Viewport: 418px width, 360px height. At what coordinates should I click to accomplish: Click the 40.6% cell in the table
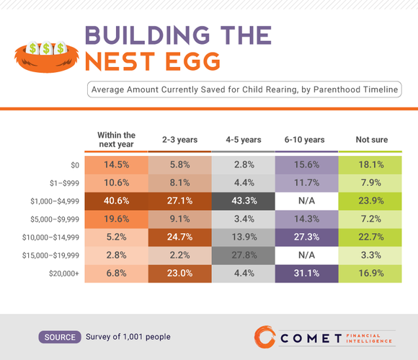(116, 201)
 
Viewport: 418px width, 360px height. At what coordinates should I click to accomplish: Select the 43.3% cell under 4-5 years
(243, 201)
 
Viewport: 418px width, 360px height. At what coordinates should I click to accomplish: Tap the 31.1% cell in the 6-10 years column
(306, 273)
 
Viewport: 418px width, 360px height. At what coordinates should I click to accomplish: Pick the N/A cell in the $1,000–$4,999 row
(306, 201)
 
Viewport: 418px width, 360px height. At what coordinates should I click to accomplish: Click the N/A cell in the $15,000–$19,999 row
(306, 255)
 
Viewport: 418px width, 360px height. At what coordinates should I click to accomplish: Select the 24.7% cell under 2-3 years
(179, 237)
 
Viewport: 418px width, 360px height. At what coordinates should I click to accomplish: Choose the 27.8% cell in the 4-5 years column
(243, 255)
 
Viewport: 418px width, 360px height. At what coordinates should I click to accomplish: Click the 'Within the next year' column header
(116, 139)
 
